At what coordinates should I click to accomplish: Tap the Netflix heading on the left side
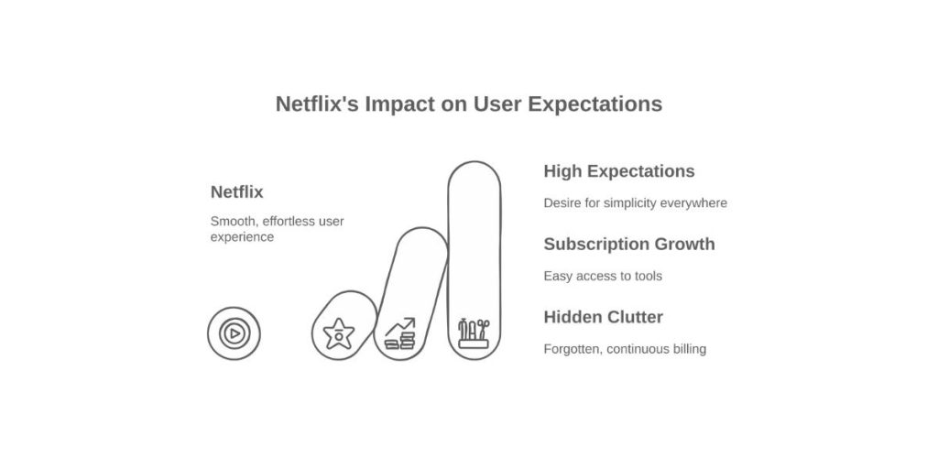237,192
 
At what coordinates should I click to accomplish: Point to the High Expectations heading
619,171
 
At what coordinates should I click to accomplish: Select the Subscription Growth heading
629,244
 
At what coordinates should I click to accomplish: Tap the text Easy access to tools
603,276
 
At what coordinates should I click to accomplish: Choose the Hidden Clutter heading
604,317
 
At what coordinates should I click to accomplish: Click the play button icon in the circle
234,333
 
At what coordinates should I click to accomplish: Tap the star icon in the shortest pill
339,333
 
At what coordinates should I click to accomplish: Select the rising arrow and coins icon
400,333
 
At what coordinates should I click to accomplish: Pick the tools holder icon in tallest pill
474,333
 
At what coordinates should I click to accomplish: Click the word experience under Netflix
242,237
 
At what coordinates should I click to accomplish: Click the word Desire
562,202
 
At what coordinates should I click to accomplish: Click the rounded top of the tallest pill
474,162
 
